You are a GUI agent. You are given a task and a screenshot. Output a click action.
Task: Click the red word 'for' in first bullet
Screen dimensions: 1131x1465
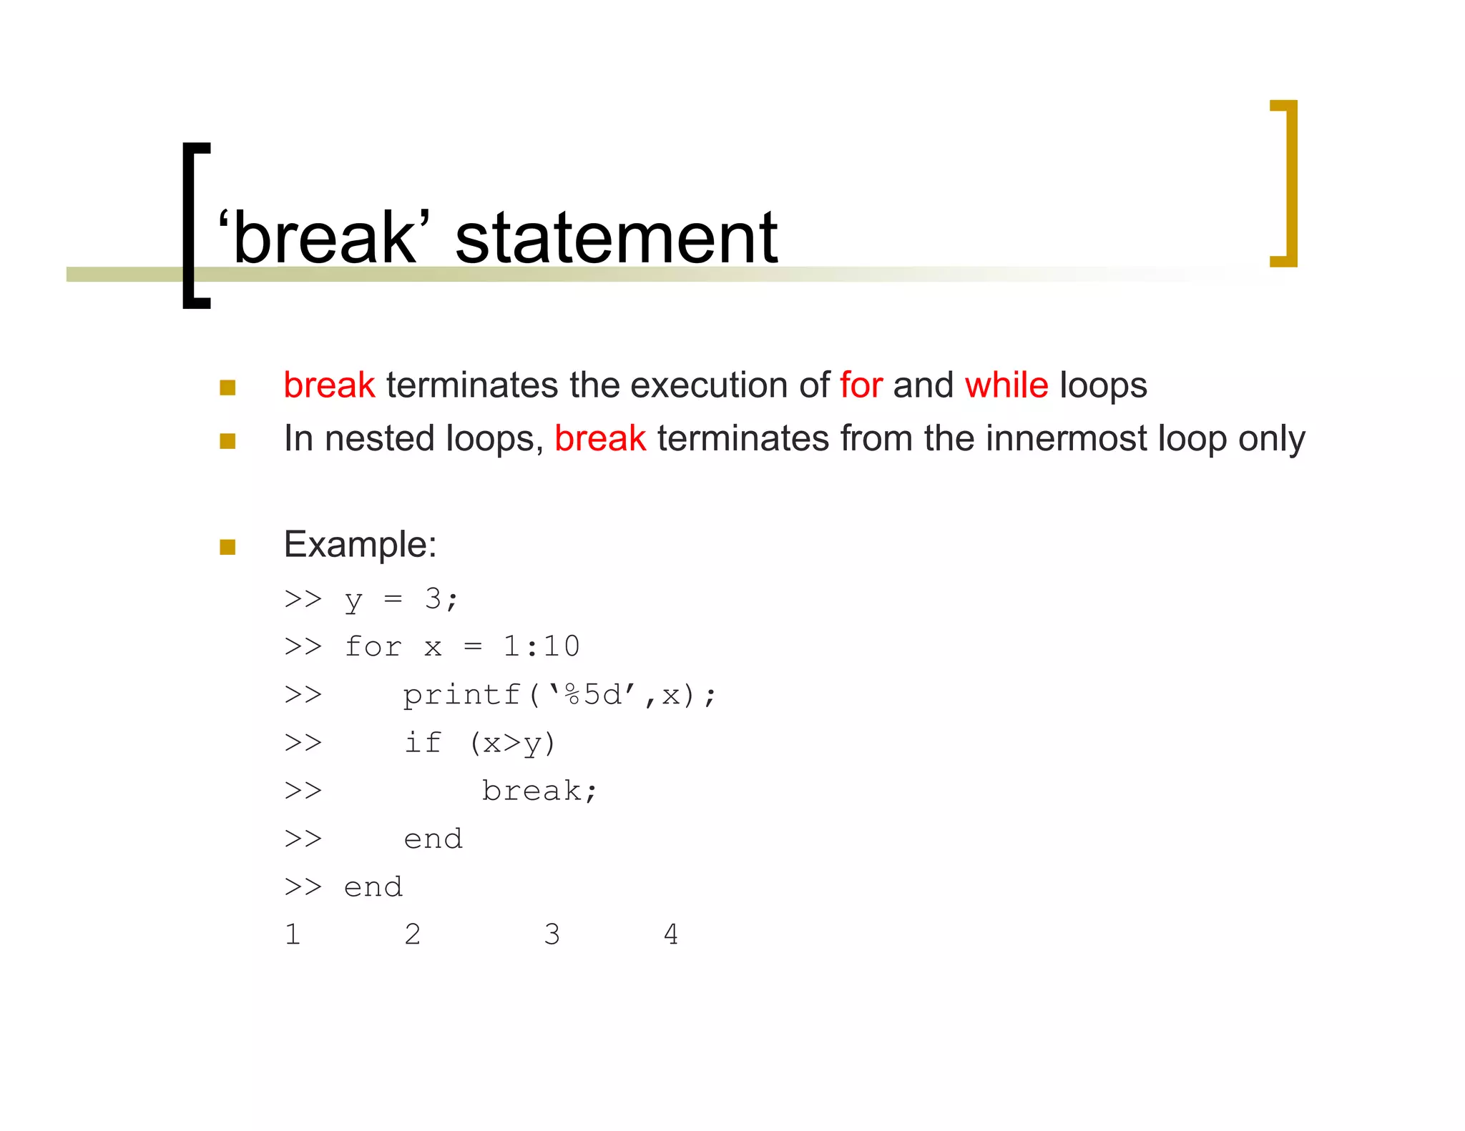point(861,385)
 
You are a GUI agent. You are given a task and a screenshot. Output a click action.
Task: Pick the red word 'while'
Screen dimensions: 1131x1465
point(1006,385)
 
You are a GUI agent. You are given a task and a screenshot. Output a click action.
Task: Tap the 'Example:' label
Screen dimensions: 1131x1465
point(360,545)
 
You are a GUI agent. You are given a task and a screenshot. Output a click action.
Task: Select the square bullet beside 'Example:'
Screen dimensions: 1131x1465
point(227,548)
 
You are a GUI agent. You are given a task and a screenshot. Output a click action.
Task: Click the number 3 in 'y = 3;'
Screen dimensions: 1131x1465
point(433,599)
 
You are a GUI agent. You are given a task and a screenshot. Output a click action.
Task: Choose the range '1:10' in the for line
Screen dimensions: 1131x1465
point(541,647)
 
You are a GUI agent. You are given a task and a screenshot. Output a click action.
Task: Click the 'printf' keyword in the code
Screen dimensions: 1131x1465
point(461,695)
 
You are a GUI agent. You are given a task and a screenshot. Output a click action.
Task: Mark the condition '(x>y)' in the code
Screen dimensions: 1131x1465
point(512,744)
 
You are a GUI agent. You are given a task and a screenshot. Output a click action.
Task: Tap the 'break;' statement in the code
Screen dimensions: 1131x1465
point(539,791)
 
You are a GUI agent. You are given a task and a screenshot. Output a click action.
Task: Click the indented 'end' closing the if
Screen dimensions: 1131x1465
point(433,839)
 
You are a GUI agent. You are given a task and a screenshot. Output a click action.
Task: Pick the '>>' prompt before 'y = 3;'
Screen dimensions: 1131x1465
point(303,599)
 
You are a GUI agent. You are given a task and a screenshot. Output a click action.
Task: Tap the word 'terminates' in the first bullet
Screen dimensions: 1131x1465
point(472,385)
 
